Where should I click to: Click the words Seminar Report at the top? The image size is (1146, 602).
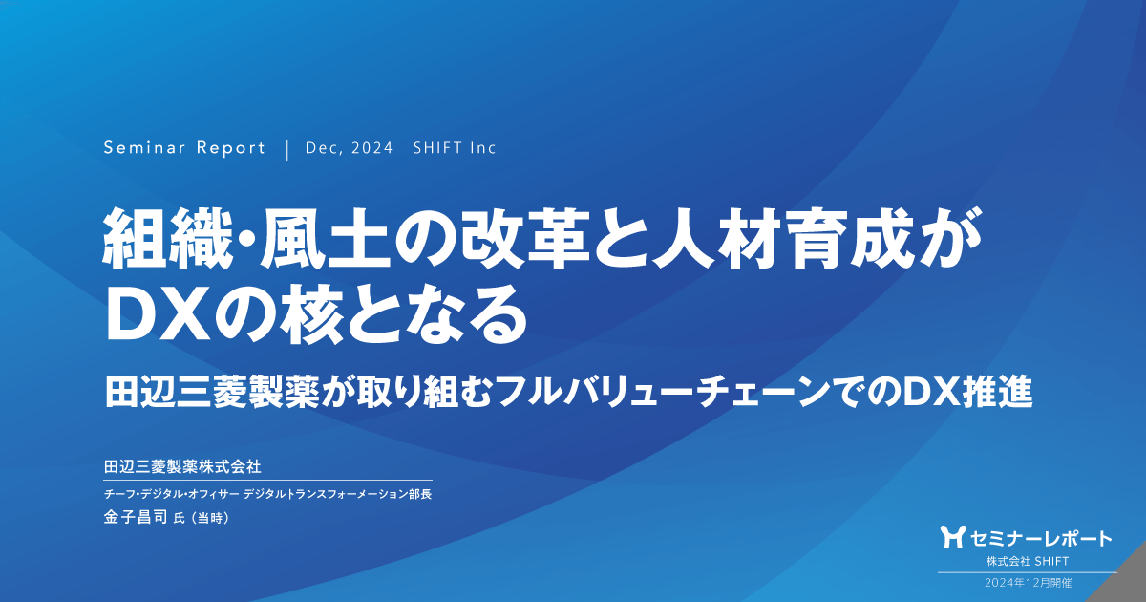(x=183, y=148)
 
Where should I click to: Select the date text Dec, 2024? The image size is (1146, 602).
(x=350, y=148)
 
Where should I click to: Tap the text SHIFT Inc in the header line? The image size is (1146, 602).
(x=455, y=148)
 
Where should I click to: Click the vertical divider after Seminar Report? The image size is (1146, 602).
(x=286, y=148)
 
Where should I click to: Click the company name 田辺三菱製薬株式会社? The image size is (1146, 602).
(x=182, y=466)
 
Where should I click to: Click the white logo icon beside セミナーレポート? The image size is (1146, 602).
(x=951, y=537)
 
